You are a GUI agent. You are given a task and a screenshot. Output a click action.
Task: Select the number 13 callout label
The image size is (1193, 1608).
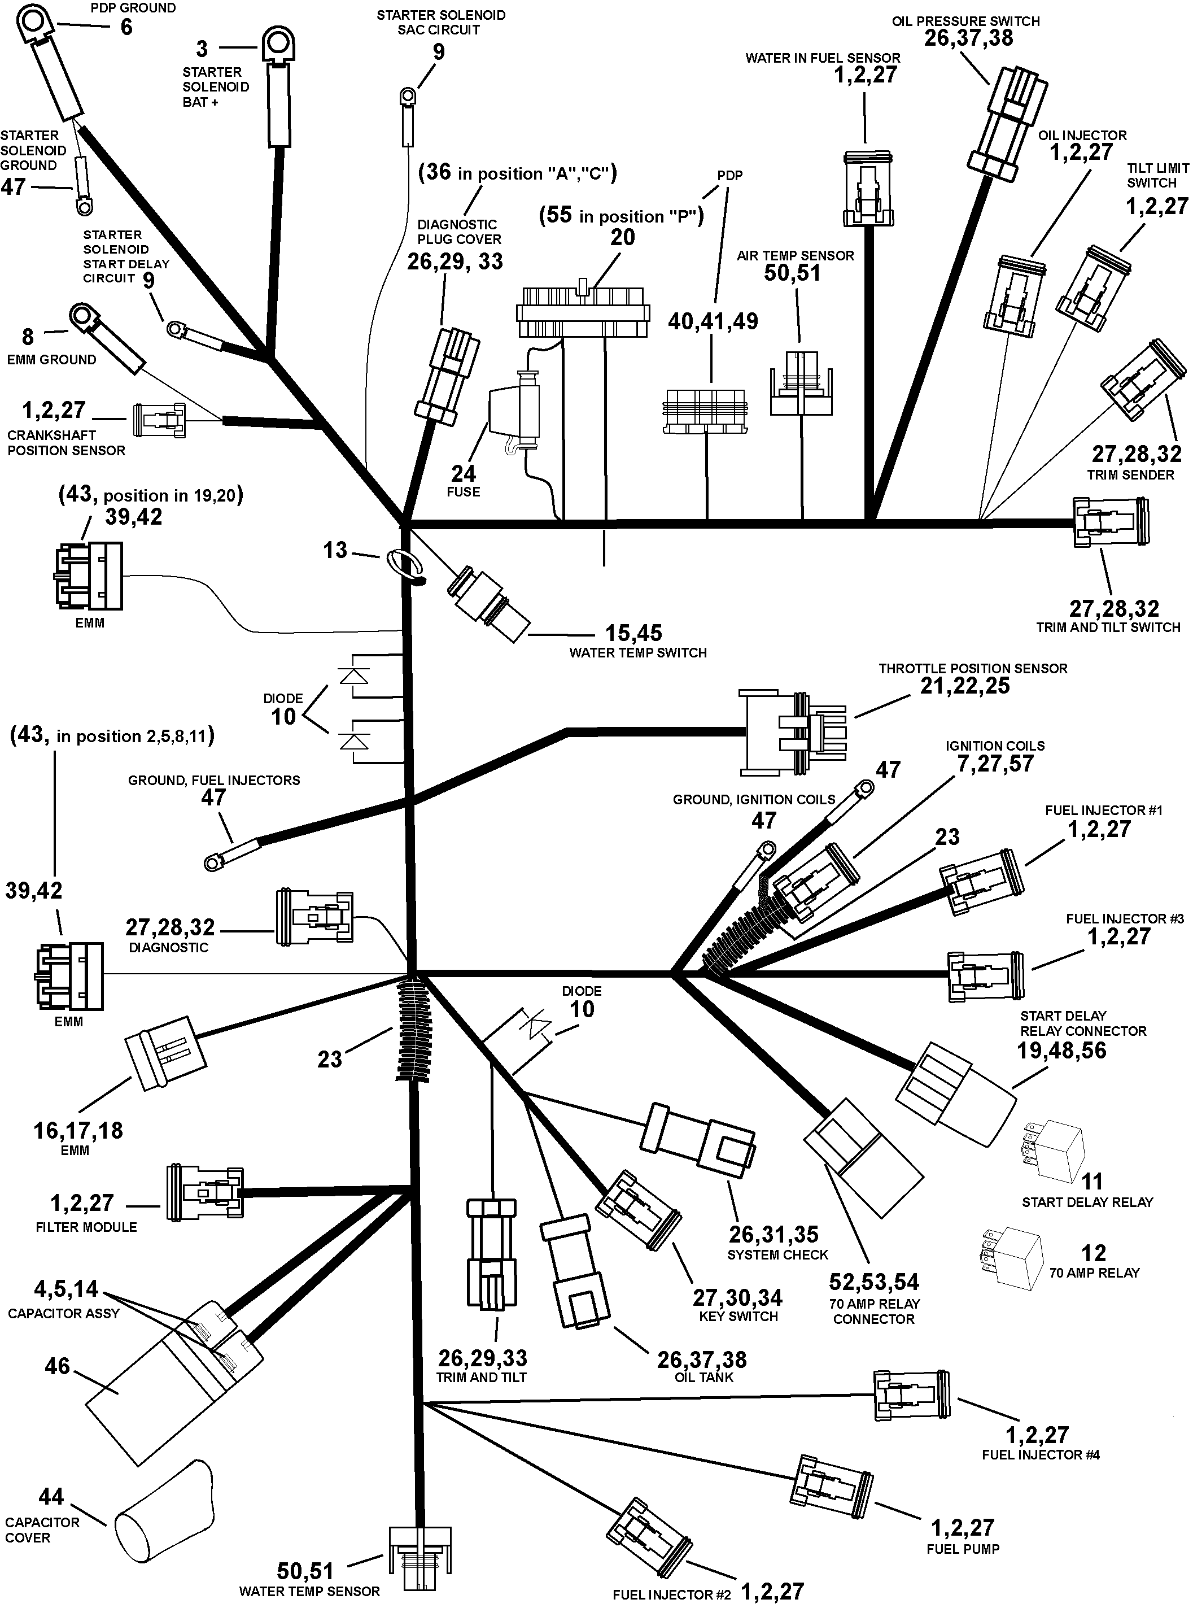tap(335, 551)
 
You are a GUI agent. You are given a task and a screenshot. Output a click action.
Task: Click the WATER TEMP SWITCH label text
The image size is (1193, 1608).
tap(637, 653)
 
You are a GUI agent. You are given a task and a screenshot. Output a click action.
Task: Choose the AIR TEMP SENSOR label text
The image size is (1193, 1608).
tap(795, 256)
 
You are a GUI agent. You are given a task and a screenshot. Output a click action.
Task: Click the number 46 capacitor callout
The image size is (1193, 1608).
tap(57, 1366)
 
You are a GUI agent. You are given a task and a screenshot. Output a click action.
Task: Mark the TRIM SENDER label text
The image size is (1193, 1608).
tap(1130, 474)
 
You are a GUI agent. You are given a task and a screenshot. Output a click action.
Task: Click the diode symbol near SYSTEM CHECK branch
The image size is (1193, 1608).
tap(536, 1026)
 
